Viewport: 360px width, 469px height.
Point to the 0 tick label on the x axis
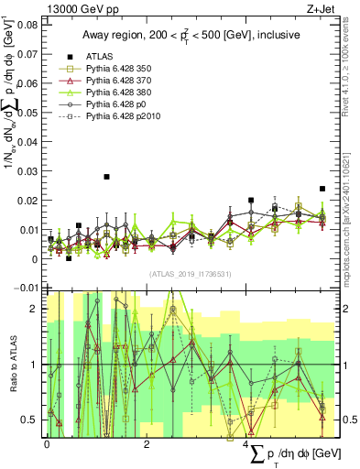coord(47,444)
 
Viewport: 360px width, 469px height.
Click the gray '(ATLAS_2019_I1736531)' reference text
coord(188,274)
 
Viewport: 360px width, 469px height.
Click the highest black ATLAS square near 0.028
coord(107,177)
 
